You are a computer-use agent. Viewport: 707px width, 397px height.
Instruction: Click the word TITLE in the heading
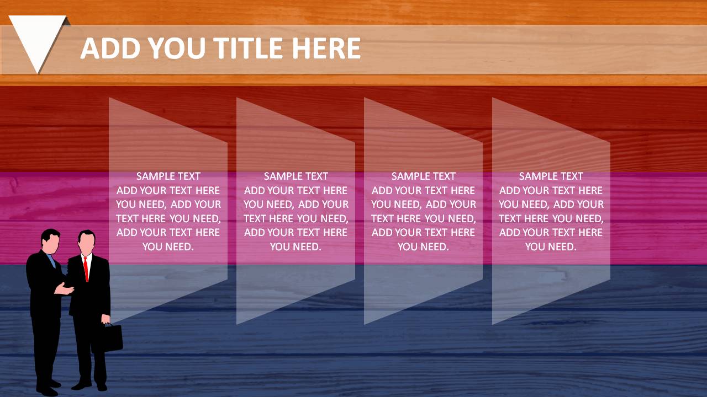pyautogui.click(x=250, y=48)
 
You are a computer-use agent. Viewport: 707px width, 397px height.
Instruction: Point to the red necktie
pyautogui.click(x=86, y=269)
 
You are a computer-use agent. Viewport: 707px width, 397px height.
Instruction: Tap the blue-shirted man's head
pyautogui.click(x=50, y=241)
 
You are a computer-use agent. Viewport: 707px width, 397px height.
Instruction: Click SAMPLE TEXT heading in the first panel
pyautogui.click(x=168, y=176)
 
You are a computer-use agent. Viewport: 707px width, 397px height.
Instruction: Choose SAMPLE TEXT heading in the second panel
pyautogui.click(x=296, y=176)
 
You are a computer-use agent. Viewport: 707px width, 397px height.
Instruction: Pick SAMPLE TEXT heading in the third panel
pyautogui.click(x=423, y=176)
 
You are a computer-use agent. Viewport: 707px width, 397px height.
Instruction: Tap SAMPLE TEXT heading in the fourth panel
pyautogui.click(x=551, y=176)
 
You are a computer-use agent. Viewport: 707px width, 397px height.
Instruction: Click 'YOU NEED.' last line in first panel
pyautogui.click(x=168, y=246)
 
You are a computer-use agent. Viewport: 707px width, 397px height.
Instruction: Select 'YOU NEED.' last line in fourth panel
pyautogui.click(x=551, y=246)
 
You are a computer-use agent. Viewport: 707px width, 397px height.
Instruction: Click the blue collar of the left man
pyautogui.click(x=51, y=260)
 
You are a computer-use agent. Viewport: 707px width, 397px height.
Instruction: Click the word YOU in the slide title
pyautogui.click(x=177, y=48)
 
